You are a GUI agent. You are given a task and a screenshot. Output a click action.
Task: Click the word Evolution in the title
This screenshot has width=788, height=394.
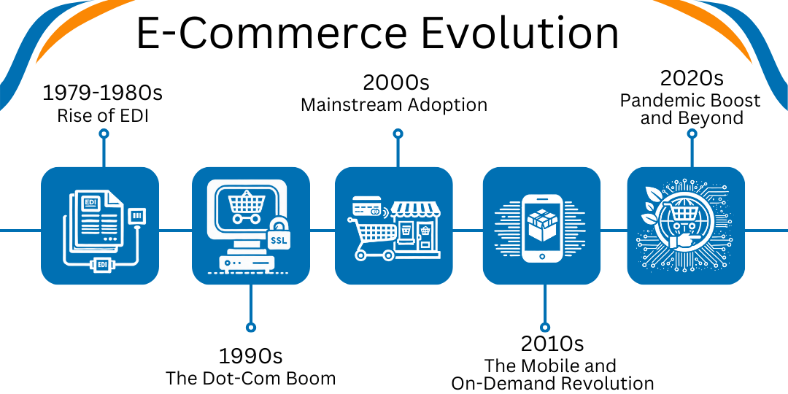point(519,32)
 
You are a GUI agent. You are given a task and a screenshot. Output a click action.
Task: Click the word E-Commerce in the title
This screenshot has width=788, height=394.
point(272,32)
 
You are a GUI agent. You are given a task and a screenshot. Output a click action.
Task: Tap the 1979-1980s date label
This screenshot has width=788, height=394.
point(103,93)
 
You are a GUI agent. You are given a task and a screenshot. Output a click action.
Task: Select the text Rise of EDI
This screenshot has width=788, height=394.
point(103,115)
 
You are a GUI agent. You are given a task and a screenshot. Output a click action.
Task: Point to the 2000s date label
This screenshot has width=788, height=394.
point(396,82)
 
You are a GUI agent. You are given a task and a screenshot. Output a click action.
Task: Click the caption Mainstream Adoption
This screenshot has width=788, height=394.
point(394,105)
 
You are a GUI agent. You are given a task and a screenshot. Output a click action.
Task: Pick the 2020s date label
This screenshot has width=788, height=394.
point(692,78)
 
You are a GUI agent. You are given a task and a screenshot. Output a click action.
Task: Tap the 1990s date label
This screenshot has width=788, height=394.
point(250,356)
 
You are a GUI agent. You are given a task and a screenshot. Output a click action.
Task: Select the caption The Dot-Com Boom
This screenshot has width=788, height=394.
point(250,378)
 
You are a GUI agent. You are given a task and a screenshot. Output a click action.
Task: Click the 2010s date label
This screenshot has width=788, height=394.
point(552,344)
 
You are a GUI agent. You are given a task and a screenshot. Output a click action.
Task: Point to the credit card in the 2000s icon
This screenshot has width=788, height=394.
point(366,206)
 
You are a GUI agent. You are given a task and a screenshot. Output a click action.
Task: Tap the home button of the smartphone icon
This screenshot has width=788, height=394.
point(541,257)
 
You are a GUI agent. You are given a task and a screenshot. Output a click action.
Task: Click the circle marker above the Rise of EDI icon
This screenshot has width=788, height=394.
point(104,134)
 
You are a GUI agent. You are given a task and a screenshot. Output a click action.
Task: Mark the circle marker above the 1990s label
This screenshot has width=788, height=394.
point(251,327)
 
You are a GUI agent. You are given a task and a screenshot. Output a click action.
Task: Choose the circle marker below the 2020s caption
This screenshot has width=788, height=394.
point(692,134)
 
